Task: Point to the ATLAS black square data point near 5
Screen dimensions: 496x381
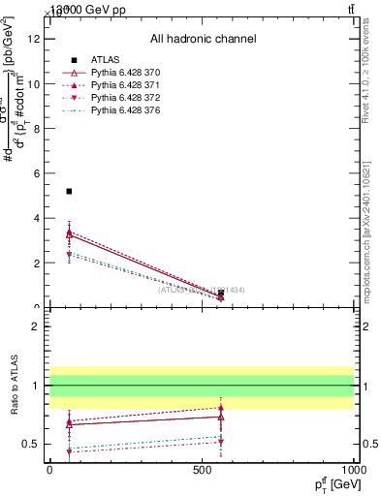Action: [x=69, y=191]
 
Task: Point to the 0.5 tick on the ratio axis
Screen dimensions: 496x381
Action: [x=34, y=445]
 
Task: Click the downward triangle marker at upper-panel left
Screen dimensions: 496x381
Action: [x=69, y=255]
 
